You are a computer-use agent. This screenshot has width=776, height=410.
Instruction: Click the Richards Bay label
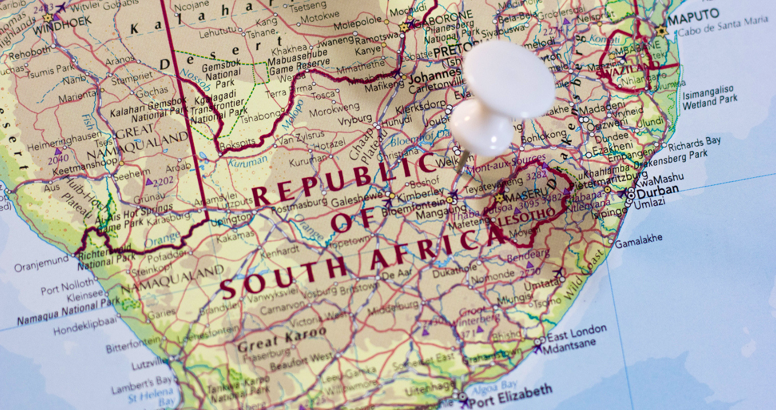point(694,143)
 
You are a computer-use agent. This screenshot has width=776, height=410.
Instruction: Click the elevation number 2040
point(58,159)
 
